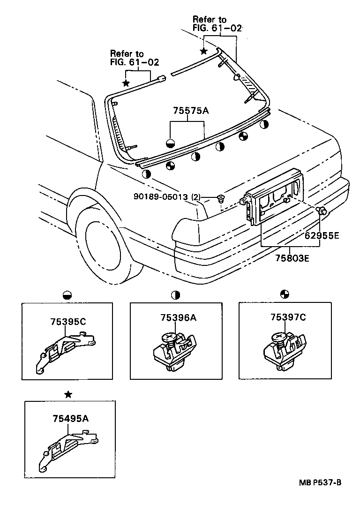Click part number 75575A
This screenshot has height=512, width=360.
tap(190, 111)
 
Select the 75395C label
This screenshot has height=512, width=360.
tap(67, 322)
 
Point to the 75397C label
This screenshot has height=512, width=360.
tap(288, 317)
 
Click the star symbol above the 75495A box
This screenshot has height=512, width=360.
tap(68, 394)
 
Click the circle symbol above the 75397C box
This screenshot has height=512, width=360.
tap(284, 294)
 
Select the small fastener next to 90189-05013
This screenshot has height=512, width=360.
tap(220, 199)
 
